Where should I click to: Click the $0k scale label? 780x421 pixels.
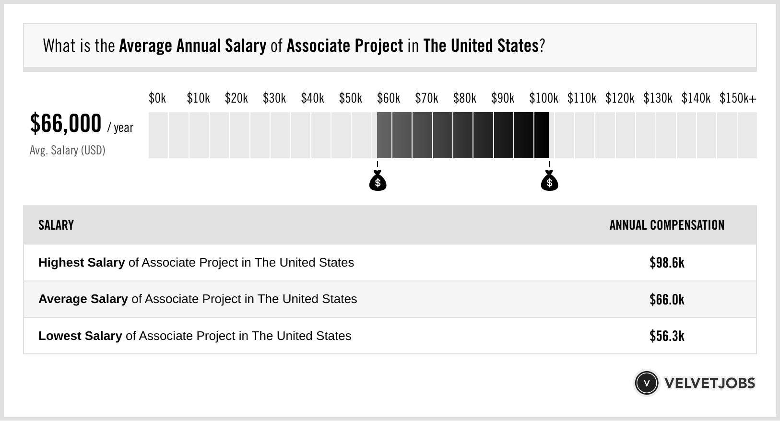click(157, 98)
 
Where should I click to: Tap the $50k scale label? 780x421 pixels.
click(351, 98)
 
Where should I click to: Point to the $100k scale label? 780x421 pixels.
click(544, 98)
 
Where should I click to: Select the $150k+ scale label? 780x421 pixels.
click(738, 98)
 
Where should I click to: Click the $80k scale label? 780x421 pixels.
click(465, 98)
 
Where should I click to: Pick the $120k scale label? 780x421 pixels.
click(620, 98)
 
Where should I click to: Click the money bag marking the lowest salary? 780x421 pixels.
click(378, 181)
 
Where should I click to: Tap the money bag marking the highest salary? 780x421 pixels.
click(549, 181)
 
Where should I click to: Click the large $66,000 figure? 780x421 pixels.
click(66, 123)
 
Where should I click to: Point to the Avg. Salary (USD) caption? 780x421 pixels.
click(68, 151)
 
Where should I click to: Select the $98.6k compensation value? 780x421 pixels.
click(667, 263)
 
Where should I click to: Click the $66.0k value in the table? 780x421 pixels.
click(667, 299)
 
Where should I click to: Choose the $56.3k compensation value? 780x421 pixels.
click(667, 336)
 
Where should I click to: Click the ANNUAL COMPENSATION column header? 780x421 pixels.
click(667, 225)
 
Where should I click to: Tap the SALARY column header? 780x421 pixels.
click(56, 225)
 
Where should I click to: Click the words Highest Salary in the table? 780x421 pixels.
click(82, 263)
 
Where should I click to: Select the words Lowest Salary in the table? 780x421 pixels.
click(80, 336)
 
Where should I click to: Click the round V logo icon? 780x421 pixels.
click(647, 383)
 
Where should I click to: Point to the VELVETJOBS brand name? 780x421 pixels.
click(709, 383)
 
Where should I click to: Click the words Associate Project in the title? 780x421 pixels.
click(345, 46)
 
